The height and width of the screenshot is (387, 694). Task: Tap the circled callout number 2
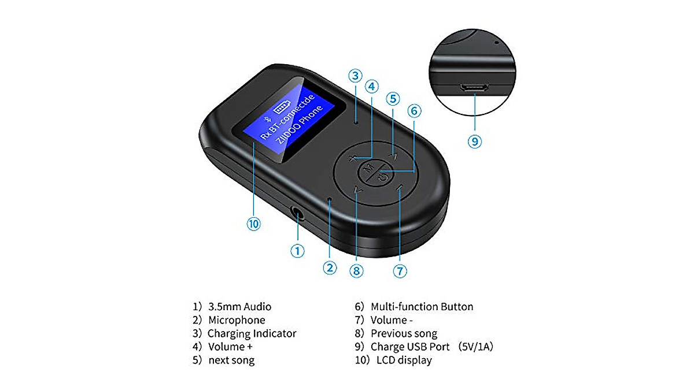[x=330, y=267]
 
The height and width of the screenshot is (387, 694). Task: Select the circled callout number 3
[x=355, y=76]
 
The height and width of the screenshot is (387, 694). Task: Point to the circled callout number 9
[x=475, y=142]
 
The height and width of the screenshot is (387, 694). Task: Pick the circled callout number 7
[x=400, y=270]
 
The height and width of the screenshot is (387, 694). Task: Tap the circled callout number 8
[x=356, y=270]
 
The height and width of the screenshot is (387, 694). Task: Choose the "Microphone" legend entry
[x=237, y=320]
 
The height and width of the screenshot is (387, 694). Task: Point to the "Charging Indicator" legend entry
[x=252, y=333]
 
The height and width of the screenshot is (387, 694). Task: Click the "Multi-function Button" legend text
[x=422, y=307]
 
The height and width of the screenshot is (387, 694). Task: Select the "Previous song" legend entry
[x=404, y=333]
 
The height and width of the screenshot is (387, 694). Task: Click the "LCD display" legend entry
[x=404, y=360]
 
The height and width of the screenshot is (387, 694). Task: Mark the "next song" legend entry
[x=231, y=360]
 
